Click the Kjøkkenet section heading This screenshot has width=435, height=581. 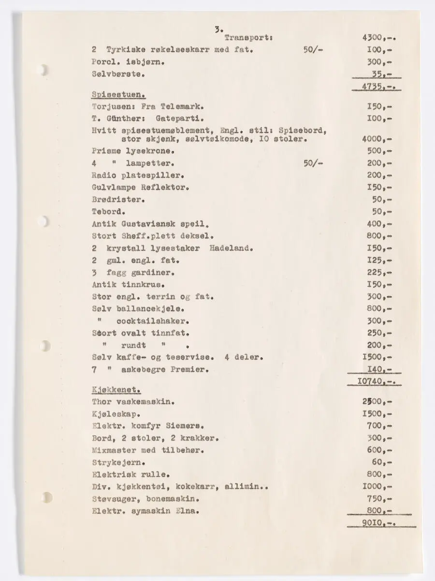coord(116,389)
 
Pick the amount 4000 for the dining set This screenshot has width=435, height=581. coord(376,139)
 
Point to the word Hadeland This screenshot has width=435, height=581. coord(232,248)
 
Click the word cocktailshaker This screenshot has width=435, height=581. coord(152,321)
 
